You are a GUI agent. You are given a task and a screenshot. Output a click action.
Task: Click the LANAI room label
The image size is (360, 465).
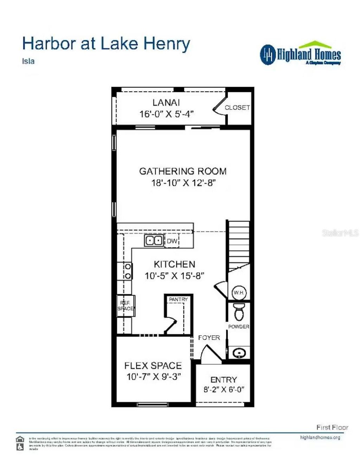tap(166, 103)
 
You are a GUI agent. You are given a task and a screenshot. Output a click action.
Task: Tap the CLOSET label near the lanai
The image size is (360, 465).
tap(237, 107)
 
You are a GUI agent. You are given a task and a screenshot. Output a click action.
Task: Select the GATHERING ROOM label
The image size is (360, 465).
tap(183, 171)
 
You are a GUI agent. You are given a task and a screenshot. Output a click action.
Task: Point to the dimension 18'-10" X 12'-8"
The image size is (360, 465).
tap(183, 183)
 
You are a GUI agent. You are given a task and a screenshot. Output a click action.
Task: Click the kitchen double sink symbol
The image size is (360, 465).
tap(154, 241)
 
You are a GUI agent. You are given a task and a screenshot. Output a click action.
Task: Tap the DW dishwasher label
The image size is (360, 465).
tap(172, 241)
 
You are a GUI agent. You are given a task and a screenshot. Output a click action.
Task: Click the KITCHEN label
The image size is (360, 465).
tap(174, 264)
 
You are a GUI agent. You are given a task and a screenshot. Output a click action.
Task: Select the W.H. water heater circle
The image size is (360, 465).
tap(239, 293)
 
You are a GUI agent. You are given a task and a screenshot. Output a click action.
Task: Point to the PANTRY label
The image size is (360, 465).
tap(179, 299)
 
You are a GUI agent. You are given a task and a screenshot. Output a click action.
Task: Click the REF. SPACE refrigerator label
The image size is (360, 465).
tap(126, 306)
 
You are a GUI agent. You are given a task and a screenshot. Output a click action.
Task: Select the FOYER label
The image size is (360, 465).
tap(209, 338)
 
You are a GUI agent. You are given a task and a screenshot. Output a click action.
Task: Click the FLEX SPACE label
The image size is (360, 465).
tap(153, 366)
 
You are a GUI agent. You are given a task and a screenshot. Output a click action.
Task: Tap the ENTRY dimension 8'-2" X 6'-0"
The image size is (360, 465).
tap(224, 389)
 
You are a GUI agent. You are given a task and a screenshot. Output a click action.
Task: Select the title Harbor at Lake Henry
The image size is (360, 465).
tap(106, 44)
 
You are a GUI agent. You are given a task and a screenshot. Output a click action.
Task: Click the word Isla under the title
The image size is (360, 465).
tap(28, 61)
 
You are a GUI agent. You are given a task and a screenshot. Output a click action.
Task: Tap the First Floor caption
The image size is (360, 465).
tap(332, 427)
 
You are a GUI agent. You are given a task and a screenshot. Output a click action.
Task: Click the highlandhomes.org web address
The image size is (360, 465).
tap(320, 437)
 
